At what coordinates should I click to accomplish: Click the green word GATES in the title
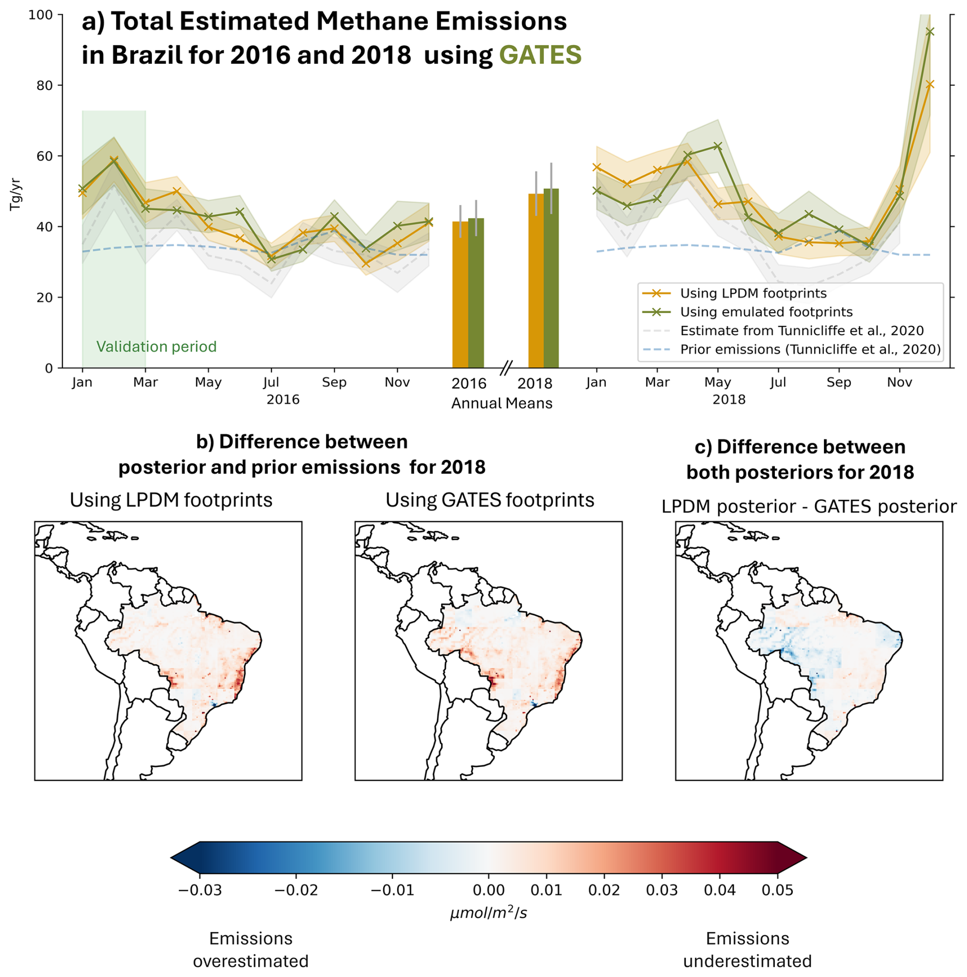540,55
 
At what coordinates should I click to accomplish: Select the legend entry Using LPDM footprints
752,293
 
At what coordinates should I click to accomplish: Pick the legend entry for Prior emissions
810,350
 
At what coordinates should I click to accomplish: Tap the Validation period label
156,347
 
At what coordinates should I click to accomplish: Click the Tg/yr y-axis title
15,194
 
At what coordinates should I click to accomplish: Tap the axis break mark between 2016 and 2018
506,367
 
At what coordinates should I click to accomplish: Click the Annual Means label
501,404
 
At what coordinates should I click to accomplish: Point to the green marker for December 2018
930,32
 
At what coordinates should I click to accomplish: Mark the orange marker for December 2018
930,84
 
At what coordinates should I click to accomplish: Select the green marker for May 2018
718,146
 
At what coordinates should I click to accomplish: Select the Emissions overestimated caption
250,950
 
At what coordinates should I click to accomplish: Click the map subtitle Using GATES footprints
490,500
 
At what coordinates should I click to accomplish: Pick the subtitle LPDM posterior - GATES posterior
809,507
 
